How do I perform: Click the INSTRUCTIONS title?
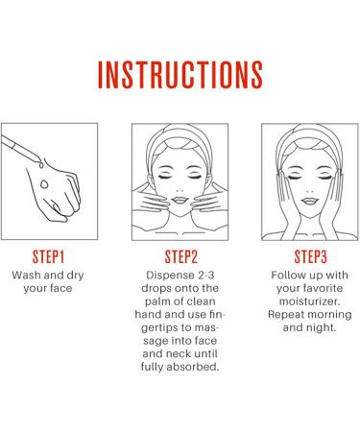coord(180,75)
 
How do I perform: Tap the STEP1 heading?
coord(49,256)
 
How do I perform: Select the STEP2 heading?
coord(181,256)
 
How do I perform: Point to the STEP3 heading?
coord(311,256)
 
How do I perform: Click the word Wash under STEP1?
coord(26,275)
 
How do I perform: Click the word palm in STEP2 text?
coord(156,301)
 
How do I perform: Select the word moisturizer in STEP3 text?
coord(309,301)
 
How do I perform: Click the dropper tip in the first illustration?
coord(38,159)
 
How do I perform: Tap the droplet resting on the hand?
coord(44,184)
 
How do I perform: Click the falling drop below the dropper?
coord(41,165)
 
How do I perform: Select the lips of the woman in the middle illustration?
coord(180,201)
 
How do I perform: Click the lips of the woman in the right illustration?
coord(309,201)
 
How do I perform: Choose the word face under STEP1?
coord(60,288)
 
